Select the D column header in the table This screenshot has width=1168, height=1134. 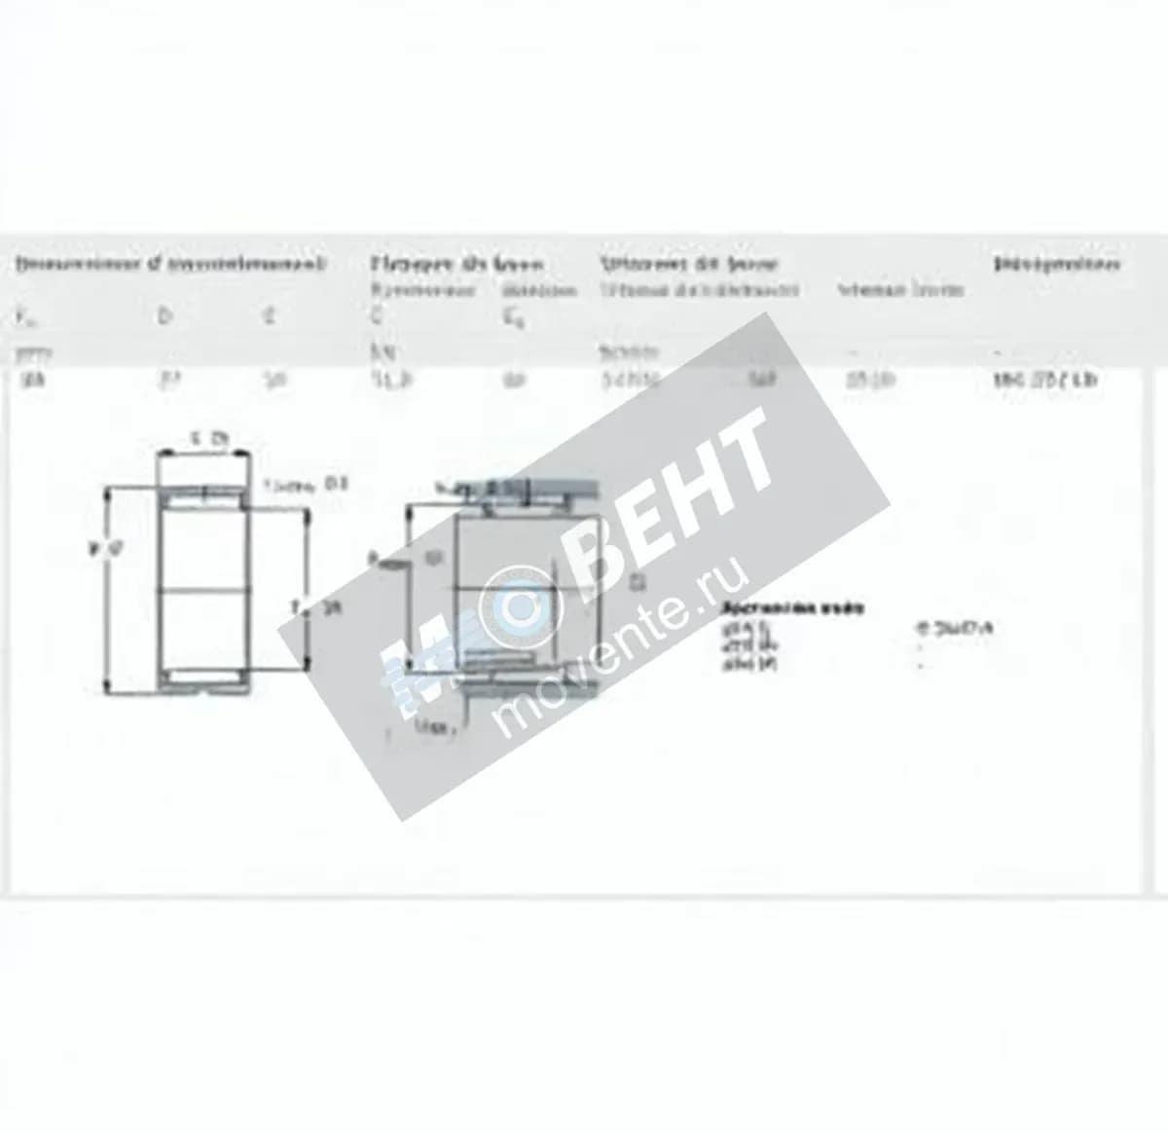point(164,316)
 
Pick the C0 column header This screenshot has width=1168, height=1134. point(512,317)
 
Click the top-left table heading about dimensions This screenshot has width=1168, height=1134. point(169,264)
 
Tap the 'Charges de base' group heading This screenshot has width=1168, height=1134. point(456,264)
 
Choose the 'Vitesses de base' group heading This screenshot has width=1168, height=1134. point(687,264)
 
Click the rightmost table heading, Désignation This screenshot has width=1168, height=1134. point(1056,264)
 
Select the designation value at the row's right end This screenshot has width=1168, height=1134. point(1044,380)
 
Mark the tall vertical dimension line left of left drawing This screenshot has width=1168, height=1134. point(109,594)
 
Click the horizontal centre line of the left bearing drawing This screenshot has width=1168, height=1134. point(203,590)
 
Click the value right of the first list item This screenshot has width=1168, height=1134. point(953,629)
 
